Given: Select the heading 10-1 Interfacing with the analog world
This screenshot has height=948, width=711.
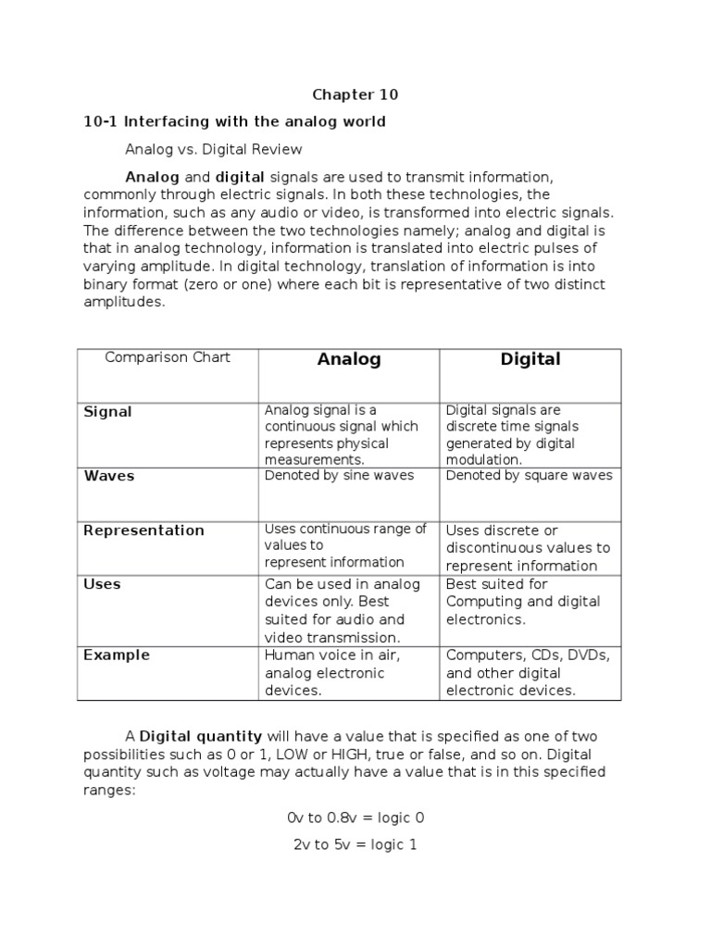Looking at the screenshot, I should pos(234,121).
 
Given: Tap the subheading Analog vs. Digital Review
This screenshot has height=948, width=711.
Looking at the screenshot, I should pos(214,148).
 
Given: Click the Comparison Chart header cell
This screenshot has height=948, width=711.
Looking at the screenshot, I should pos(168,357).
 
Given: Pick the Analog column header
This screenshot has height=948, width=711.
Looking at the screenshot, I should pos(349,359).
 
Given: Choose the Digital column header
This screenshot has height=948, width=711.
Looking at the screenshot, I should pos(530,359).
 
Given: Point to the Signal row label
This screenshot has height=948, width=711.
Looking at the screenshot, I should pos(108,412).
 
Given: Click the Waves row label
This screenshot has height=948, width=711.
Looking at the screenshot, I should pos(109,476).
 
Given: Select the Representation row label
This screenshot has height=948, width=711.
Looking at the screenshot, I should pos(143,530).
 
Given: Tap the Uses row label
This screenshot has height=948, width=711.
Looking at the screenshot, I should pos(102,584).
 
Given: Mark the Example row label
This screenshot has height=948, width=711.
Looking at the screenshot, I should pos(117,655).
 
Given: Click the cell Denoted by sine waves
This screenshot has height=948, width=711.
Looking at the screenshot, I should pos(339,476).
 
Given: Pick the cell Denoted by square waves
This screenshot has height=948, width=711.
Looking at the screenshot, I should pos(529,476).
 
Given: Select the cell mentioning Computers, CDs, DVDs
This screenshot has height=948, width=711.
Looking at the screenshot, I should pos(529,672).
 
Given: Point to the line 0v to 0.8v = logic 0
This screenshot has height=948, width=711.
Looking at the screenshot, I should pos(355,818).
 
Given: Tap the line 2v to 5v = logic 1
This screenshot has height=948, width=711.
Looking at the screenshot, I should pos(355,844).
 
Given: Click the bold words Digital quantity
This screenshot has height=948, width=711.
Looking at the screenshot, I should pos(201,737).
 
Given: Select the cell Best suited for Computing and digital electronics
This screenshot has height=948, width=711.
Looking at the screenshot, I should pos(523,602).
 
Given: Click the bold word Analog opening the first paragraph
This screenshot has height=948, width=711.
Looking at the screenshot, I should pos(152,176).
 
